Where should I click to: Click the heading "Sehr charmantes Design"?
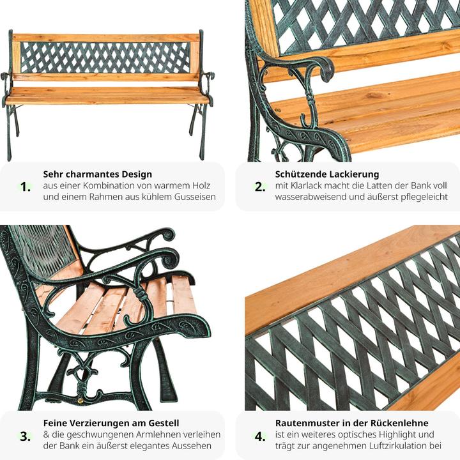[x=97, y=174]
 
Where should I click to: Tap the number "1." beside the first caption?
[x=26, y=187]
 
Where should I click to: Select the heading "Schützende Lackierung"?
[x=327, y=174]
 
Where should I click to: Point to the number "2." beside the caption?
[x=260, y=187]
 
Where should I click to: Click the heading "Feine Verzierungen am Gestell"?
[x=111, y=423]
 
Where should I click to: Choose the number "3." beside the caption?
[x=26, y=436]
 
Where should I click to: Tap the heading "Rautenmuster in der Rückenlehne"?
[x=351, y=423]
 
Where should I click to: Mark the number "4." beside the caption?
[x=260, y=436]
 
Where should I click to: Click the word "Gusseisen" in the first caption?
[x=195, y=197]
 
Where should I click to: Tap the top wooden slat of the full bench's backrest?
[x=106, y=38]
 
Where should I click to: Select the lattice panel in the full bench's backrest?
[x=105, y=57]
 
